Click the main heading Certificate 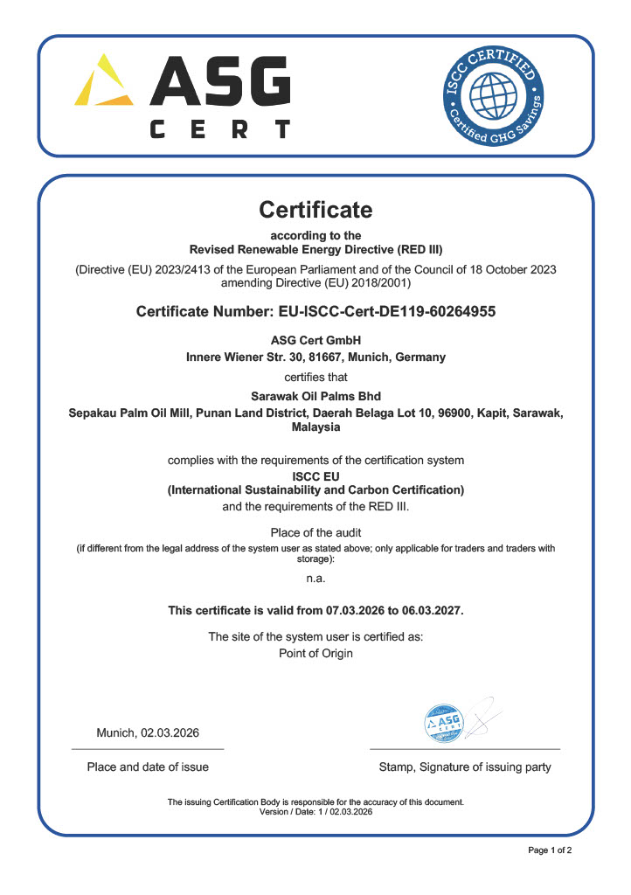pyautogui.click(x=315, y=210)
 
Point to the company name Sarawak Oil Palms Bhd pyautogui.click(x=315, y=396)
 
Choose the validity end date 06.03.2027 pyautogui.click(x=428, y=611)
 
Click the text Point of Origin pyautogui.click(x=315, y=654)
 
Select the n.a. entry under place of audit pyautogui.click(x=315, y=579)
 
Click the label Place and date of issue pyautogui.click(x=148, y=767)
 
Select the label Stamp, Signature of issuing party pyautogui.click(x=465, y=767)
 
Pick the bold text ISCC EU pyautogui.click(x=315, y=476)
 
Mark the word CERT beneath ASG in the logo pyautogui.click(x=219, y=130)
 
